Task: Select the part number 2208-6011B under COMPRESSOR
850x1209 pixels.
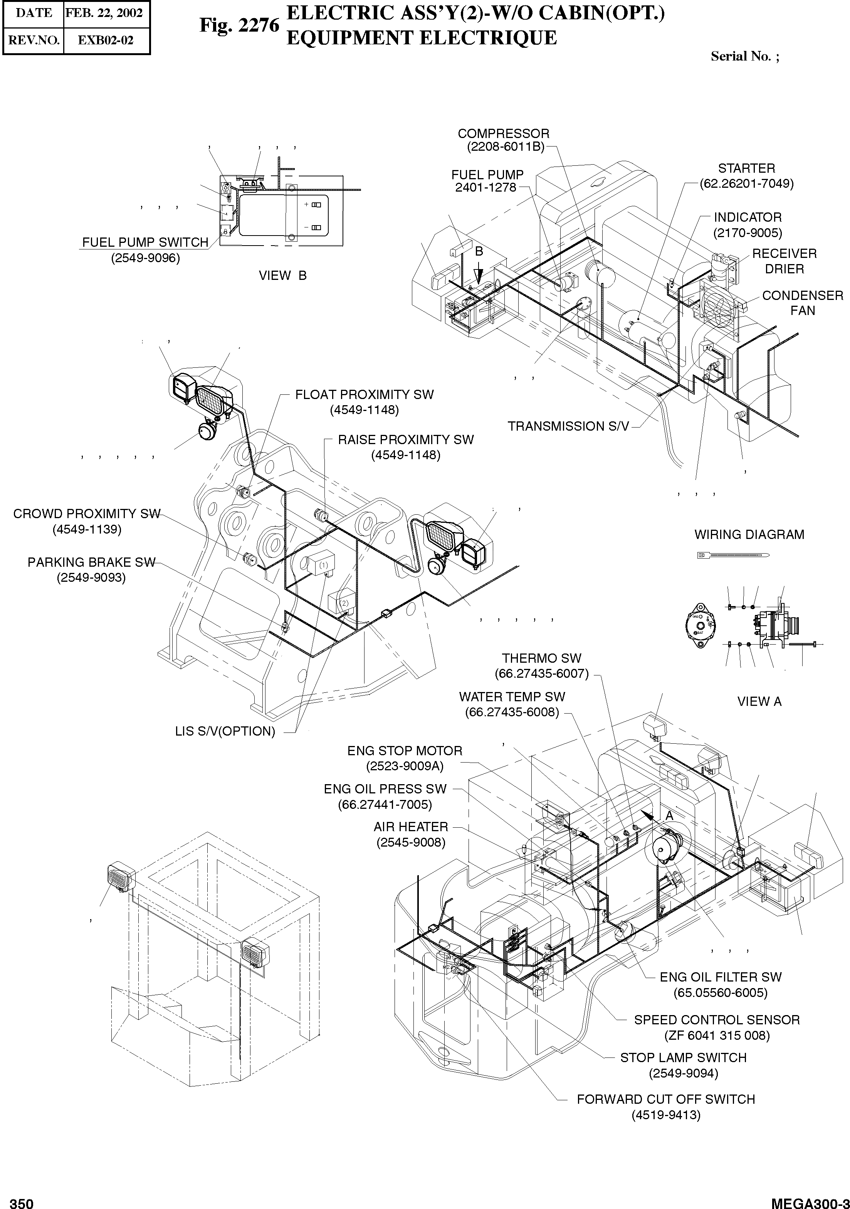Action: (x=505, y=147)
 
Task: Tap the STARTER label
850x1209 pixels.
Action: (x=746, y=168)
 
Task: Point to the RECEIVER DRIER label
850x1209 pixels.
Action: (x=784, y=261)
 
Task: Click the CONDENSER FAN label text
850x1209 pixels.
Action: (x=802, y=303)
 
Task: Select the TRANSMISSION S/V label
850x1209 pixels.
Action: (x=568, y=426)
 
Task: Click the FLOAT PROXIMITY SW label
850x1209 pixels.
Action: (x=364, y=395)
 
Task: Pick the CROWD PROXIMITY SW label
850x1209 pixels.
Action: (x=86, y=514)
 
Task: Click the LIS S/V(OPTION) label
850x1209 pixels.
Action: (x=225, y=731)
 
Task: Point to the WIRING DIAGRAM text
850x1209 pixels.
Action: (x=749, y=534)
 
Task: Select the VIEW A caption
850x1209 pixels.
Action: (x=759, y=701)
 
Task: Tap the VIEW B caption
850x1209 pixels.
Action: (x=283, y=275)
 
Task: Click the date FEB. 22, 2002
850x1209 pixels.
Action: (x=104, y=13)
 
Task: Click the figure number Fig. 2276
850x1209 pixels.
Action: (x=239, y=25)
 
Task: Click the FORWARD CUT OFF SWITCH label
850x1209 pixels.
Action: (x=666, y=1100)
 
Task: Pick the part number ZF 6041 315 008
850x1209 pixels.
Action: (x=717, y=1035)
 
